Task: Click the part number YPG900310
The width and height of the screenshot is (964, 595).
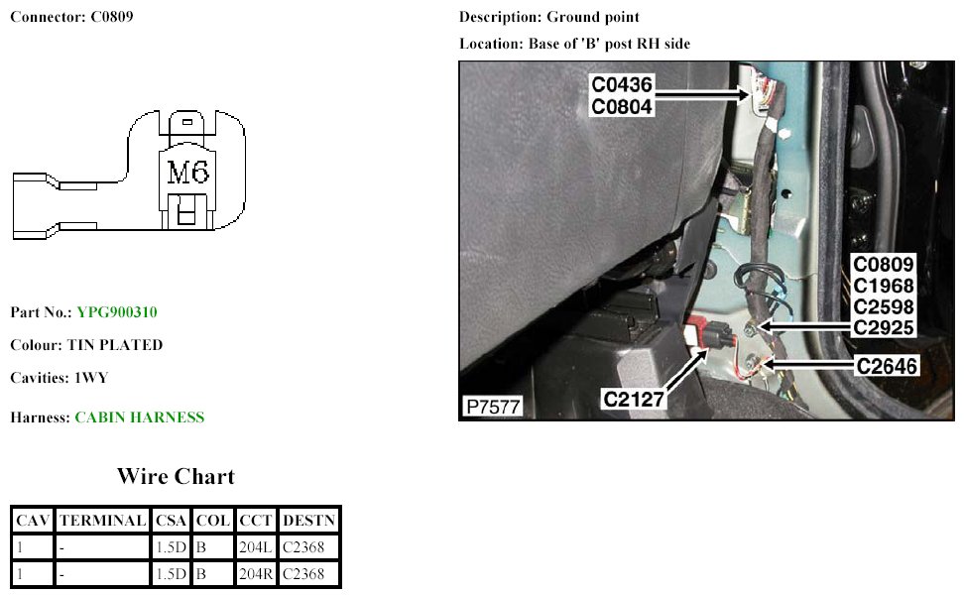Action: [x=117, y=312]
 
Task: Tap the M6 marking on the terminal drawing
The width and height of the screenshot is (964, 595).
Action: [x=187, y=174]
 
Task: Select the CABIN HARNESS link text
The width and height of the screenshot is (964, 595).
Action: [x=140, y=417]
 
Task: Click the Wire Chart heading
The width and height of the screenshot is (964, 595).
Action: [x=176, y=476]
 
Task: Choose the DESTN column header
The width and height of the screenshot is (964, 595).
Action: [x=309, y=520]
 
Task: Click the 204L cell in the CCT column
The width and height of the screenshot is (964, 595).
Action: [x=255, y=546]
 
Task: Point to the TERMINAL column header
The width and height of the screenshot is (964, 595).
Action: [x=102, y=520]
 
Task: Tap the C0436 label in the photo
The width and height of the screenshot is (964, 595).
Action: [x=622, y=86]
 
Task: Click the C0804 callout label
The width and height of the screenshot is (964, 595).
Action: [x=622, y=107]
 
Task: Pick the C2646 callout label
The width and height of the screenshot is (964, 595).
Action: [x=888, y=366]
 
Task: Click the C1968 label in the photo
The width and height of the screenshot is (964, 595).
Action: [x=886, y=286]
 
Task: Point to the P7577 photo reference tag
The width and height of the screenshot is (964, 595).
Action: [x=493, y=407]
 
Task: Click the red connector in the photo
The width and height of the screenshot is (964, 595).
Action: [x=699, y=330]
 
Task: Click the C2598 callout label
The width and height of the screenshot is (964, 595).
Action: [x=886, y=306]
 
